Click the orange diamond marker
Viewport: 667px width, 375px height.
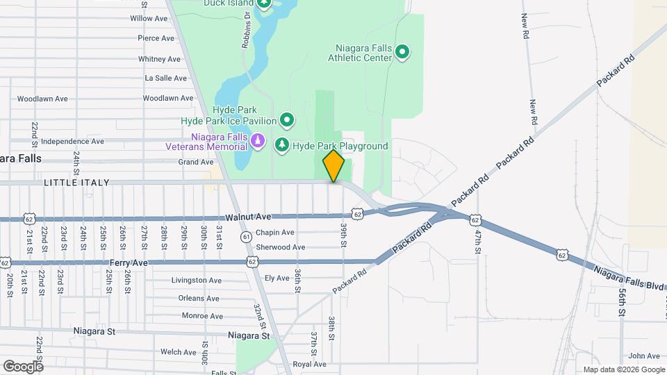pyautogui.click(x=333, y=166)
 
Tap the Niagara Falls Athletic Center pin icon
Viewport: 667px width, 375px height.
pyautogui.click(x=402, y=52)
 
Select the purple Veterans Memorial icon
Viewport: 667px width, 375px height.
pyautogui.click(x=258, y=142)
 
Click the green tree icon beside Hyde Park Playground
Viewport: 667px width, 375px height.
pyautogui.click(x=281, y=144)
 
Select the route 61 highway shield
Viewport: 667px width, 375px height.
pyautogui.click(x=247, y=237)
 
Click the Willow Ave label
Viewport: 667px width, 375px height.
pyautogui.click(x=149, y=18)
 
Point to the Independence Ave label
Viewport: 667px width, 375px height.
pyautogui.click(x=72, y=141)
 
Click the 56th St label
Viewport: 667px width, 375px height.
pyautogui.click(x=621, y=303)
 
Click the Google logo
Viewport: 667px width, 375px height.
pyautogui.click(x=23, y=366)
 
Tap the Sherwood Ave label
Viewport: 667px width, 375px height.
pyautogui.click(x=280, y=247)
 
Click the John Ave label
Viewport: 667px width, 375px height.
pyautogui.click(x=643, y=356)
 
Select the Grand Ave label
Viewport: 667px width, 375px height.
pyautogui.click(x=196, y=162)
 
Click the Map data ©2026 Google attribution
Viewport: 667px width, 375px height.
pyautogui.click(x=623, y=369)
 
